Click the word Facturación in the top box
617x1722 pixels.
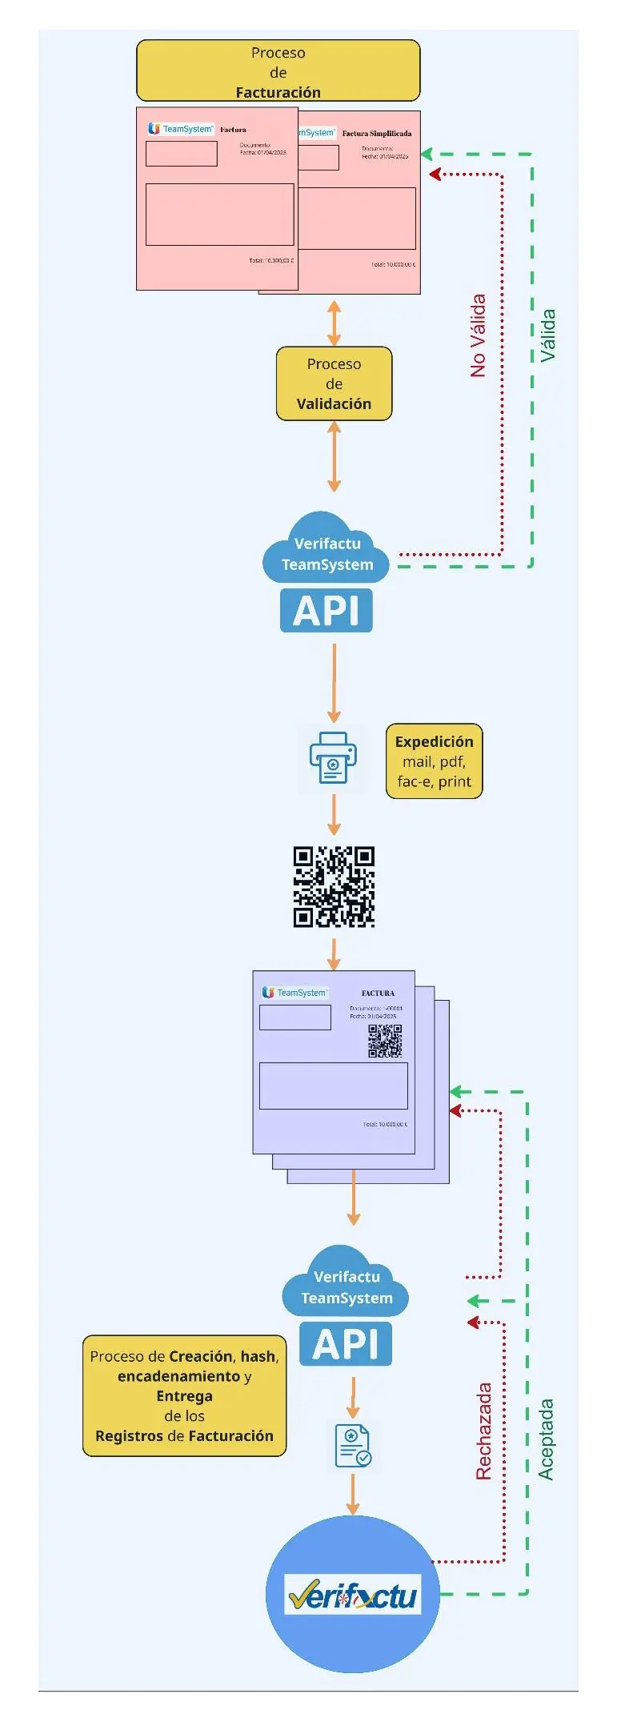tap(278, 93)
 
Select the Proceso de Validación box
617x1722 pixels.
tap(334, 383)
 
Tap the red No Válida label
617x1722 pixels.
tap(478, 335)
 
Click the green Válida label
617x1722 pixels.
tap(547, 335)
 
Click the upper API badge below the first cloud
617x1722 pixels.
tap(327, 611)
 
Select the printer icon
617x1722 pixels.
tap(333, 758)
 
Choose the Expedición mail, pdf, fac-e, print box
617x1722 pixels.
tap(434, 761)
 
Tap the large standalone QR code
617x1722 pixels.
tap(334, 887)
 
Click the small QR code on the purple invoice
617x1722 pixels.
tap(385, 1040)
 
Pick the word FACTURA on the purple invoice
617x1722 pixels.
tap(378, 993)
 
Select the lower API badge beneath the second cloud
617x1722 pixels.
tap(346, 1344)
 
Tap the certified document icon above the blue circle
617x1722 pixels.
tap(352, 1446)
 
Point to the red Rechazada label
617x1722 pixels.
tap(483, 1431)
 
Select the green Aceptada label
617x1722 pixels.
tap(546, 1439)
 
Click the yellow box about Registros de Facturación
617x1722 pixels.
tap(184, 1395)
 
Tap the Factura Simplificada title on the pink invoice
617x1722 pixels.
tap(377, 134)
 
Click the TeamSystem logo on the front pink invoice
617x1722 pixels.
tap(181, 129)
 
